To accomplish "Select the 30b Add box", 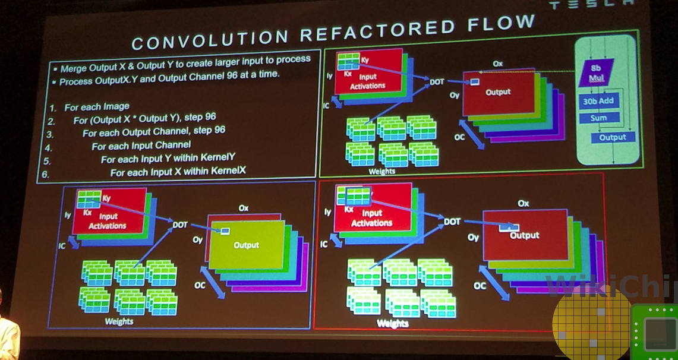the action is [x=598, y=101].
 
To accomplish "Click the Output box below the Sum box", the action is [x=612, y=137].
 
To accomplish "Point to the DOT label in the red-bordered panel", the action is [x=452, y=222].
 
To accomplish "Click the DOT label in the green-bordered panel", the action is [x=436, y=81].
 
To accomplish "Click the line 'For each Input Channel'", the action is [x=141, y=145].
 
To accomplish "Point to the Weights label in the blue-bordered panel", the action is [x=119, y=321].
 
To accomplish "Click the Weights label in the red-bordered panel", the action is [x=392, y=324].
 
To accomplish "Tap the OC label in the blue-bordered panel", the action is [x=200, y=285].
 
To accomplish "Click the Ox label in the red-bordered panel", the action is [x=523, y=203].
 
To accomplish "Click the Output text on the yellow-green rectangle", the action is [x=246, y=245].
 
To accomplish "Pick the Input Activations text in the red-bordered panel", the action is [x=372, y=218].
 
